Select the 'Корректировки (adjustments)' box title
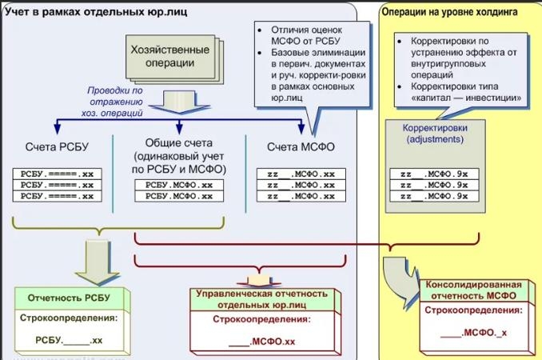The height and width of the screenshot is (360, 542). point(435,132)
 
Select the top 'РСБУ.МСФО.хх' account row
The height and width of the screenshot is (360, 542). point(178,185)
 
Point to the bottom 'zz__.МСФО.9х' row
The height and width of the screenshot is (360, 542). point(434,196)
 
